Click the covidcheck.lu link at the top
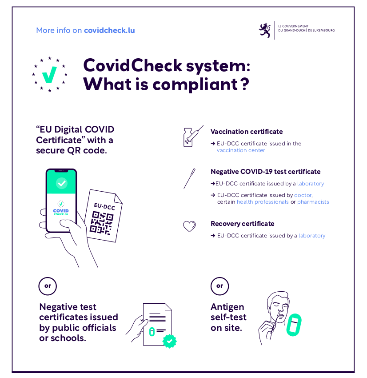pos(109,30)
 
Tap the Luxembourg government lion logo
pos(265,30)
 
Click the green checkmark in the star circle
pos(49,75)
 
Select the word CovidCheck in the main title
pos(133,66)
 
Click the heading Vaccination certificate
pos(246,132)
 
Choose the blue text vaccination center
pos(241,150)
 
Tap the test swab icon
pos(190,178)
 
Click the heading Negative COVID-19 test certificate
pos(265,172)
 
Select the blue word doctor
pos(303,195)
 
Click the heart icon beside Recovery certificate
pos(190,226)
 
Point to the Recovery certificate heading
pos(242,224)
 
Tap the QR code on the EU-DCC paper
pos(101,222)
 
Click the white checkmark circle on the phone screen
pos(61,183)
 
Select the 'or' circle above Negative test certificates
pos(48,286)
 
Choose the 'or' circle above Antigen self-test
pos(219,286)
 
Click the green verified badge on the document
pos(169,341)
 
